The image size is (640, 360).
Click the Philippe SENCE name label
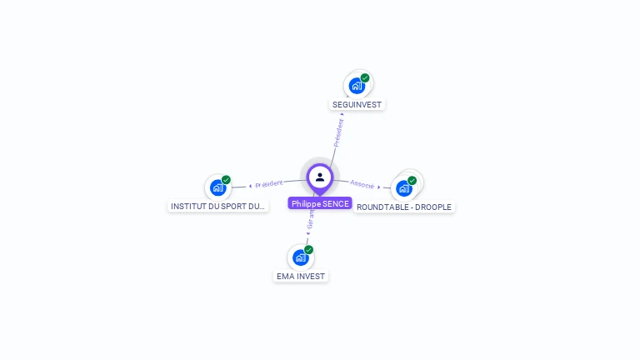(x=320, y=203)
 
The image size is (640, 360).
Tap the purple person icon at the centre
(x=320, y=177)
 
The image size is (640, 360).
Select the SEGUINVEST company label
(x=357, y=105)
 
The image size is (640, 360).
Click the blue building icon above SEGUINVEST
(x=357, y=86)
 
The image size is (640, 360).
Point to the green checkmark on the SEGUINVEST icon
(x=365, y=78)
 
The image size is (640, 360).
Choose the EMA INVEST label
(x=301, y=276)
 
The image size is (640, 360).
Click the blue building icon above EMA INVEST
(x=300, y=257)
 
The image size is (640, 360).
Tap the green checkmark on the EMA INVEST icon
(x=308, y=250)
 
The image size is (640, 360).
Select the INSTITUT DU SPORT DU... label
(x=218, y=206)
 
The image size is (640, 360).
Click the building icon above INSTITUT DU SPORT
(x=217, y=187)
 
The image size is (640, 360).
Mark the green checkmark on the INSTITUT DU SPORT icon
(x=226, y=180)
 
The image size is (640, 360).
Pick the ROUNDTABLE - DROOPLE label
(x=404, y=207)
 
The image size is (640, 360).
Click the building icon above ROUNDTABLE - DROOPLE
(x=404, y=187)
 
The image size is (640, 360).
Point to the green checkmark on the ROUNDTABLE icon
(x=412, y=180)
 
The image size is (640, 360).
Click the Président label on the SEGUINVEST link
(x=339, y=132)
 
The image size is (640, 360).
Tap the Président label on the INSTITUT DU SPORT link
(x=268, y=183)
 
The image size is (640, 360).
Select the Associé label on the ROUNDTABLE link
(x=362, y=183)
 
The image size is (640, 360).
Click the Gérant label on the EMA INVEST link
(x=311, y=218)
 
